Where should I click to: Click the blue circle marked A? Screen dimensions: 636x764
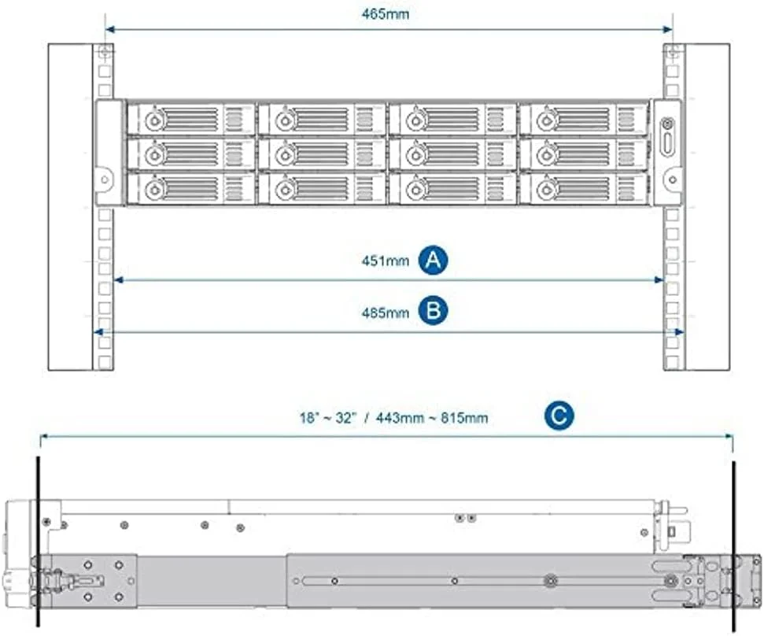tap(433, 261)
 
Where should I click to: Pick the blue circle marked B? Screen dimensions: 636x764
tap(433, 312)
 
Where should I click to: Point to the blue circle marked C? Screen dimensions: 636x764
tap(558, 417)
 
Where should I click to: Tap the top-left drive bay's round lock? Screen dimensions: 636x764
tap(155, 120)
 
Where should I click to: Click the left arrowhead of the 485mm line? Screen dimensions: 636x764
tap(98, 332)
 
